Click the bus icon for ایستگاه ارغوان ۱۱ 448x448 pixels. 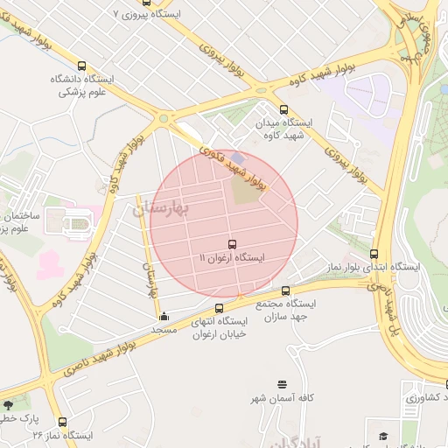[232, 244]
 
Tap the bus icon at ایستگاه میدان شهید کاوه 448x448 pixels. [283, 109]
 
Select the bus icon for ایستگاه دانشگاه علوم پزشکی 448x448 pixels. [81, 66]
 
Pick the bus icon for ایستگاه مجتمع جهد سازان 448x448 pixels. [286, 290]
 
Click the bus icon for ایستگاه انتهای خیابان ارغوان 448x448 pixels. [219, 308]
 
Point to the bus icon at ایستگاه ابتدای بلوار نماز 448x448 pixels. [374, 253]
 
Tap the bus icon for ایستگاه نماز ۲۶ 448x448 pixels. [61, 422]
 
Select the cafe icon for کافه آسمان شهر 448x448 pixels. [281, 384]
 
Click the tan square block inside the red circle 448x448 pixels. [248, 187]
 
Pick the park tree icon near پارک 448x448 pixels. [9, 405]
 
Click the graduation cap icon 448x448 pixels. [382, 435]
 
